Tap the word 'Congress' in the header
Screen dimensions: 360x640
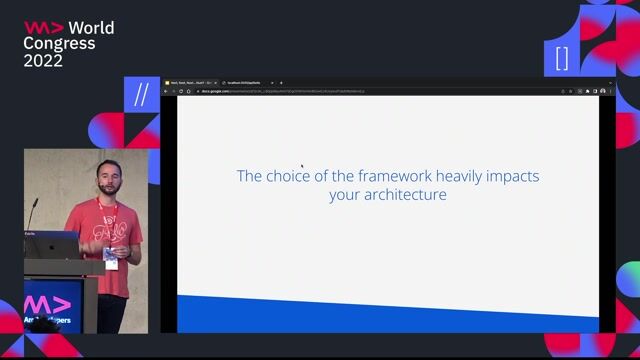tap(59, 44)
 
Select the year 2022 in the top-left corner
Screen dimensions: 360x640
tap(43, 61)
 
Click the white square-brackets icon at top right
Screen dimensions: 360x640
tap(562, 58)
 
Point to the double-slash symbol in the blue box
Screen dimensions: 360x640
tap(141, 95)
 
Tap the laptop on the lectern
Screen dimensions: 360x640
tap(53, 245)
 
